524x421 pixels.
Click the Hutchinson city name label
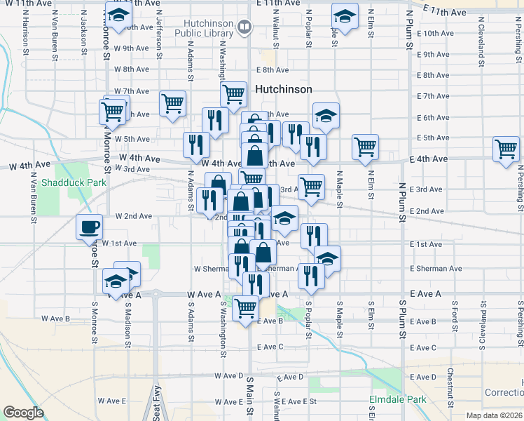(x=283, y=90)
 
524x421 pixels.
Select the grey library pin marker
(x=244, y=27)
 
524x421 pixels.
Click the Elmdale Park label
(x=397, y=400)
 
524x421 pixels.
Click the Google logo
(x=24, y=413)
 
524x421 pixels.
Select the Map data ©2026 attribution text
(x=494, y=415)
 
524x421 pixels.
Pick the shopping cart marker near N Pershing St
(x=505, y=149)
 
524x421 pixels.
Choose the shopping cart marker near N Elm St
(x=365, y=147)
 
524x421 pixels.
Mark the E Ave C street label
(x=270, y=347)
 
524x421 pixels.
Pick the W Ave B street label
(x=55, y=319)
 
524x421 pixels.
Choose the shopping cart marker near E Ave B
(x=245, y=307)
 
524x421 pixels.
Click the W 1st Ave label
(x=119, y=243)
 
